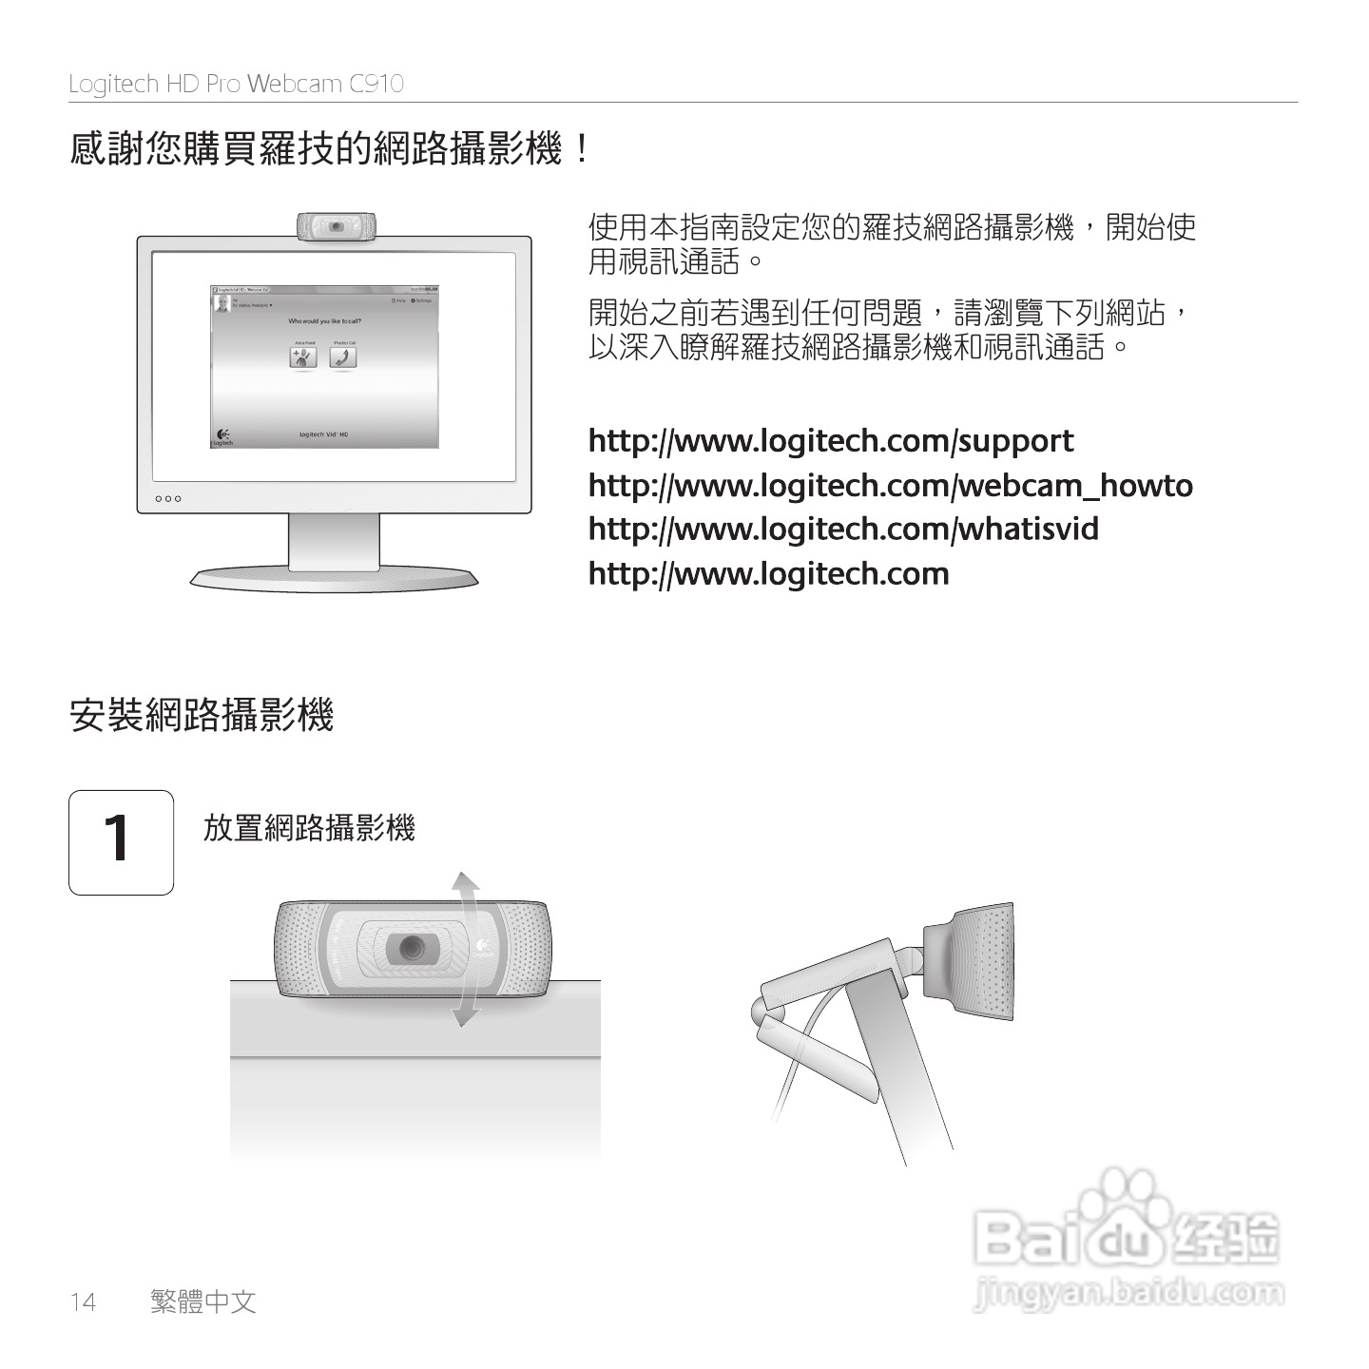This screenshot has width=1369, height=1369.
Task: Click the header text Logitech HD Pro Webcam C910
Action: [x=236, y=84]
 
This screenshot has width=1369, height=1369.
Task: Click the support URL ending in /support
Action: [x=830, y=441]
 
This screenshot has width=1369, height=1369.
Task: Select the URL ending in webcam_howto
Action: [x=890, y=486]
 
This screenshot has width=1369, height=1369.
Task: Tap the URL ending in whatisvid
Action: [x=843, y=529]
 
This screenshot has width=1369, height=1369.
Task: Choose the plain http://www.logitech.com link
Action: [x=768, y=574]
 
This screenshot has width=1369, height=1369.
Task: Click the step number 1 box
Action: [x=121, y=842]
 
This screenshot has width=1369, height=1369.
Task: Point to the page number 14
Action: [x=83, y=1302]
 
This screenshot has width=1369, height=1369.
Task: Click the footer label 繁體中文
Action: [x=203, y=1302]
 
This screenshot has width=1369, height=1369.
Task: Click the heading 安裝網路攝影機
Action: [x=202, y=715]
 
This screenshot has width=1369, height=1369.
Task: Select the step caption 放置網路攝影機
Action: [x=309, y=828]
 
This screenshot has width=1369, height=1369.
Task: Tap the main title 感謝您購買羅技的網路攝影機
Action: [x=329, y=149]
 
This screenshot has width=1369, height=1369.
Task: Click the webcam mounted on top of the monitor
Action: [x=336, y=227]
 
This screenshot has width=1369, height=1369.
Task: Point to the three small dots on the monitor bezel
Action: [x=167, y=498]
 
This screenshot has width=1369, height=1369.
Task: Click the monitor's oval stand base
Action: [x=334, y=578]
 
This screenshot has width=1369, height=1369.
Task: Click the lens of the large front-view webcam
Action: [x=412, y=948]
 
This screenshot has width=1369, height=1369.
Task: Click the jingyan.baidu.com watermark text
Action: [x=1128, y=1294]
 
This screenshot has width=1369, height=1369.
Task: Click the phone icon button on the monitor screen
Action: [x=342, y=357]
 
